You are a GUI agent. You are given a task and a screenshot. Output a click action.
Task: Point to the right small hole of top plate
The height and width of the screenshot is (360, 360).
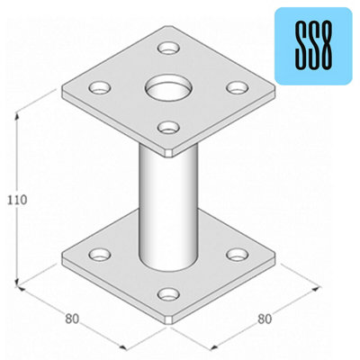click(237, 87)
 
